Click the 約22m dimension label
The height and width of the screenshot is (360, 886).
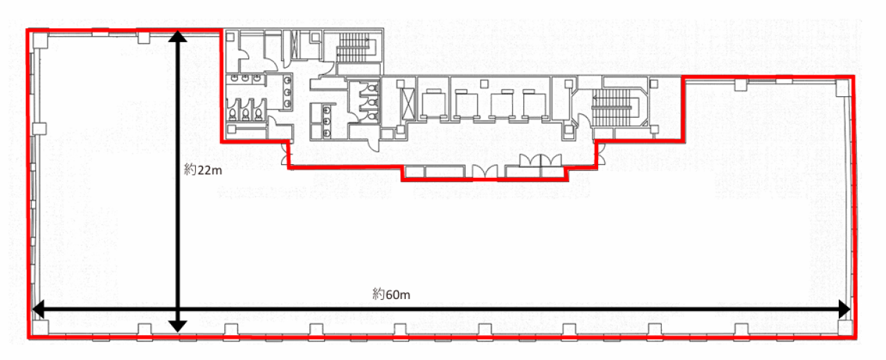point(203,170)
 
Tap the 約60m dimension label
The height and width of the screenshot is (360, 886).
point(391,294)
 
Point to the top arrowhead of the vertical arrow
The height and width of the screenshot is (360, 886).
point(178,36)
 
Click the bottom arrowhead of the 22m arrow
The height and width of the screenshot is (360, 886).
point(178,326)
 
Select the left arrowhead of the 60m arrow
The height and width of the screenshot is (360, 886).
point(38,309)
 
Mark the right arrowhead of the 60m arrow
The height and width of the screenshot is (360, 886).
point(844,309)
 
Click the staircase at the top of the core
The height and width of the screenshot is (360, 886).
point(354,48)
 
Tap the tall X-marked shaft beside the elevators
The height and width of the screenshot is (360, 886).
point(408,104)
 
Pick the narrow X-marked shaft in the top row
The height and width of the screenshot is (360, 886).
point(294,44)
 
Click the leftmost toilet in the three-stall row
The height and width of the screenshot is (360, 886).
point(233,114)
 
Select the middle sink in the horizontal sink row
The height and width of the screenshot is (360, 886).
point(245,78)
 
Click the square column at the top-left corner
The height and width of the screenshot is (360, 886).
point(40,41)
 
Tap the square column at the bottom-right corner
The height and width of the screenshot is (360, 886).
point(844,327)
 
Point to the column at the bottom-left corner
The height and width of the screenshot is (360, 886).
point(40,327)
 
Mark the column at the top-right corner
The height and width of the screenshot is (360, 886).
point(842,88)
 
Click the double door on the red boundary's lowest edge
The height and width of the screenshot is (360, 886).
point(485,171)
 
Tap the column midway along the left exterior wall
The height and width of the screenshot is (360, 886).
point(39,129)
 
